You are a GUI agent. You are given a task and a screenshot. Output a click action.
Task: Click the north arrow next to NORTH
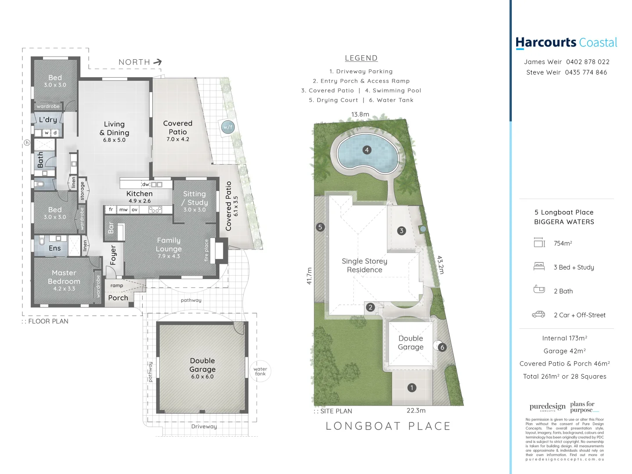(x=158, y=62)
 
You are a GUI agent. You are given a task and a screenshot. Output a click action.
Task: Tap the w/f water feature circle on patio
(x=227, y=127)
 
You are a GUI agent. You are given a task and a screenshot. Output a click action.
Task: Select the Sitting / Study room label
(x=195, y=201)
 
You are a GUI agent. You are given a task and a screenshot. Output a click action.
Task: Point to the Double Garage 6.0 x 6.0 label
(x=202, y=368)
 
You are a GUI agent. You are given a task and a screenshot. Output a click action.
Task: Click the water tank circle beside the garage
(x=260, y=371)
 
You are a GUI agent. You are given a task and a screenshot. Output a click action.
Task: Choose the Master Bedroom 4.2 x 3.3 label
(x=64, y=280)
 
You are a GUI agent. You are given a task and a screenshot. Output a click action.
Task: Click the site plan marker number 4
(x=367, y=150)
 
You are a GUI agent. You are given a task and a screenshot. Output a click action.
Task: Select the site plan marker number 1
(x=412, y=388)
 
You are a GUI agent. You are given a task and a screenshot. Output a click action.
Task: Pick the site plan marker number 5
(x=320, y=227)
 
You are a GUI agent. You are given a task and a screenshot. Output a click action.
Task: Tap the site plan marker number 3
(x=401, y=231)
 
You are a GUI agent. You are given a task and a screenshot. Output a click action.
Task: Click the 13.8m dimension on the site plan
(x=360, y=115)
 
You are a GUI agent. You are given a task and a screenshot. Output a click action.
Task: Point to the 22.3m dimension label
(x=416, y=411)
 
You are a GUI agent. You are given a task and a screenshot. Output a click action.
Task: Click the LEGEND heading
(x=361, y=58)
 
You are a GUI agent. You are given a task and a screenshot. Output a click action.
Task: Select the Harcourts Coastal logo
(x=566, y=43)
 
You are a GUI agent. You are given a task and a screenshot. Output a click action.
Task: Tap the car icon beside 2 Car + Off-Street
(x=539, y=315)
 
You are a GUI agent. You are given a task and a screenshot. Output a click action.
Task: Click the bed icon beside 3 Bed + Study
(x=539, y=266)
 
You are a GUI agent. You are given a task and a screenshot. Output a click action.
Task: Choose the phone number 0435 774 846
(x=586, y=72)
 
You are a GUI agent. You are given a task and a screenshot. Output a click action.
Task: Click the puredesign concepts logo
(x=547, y=407)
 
